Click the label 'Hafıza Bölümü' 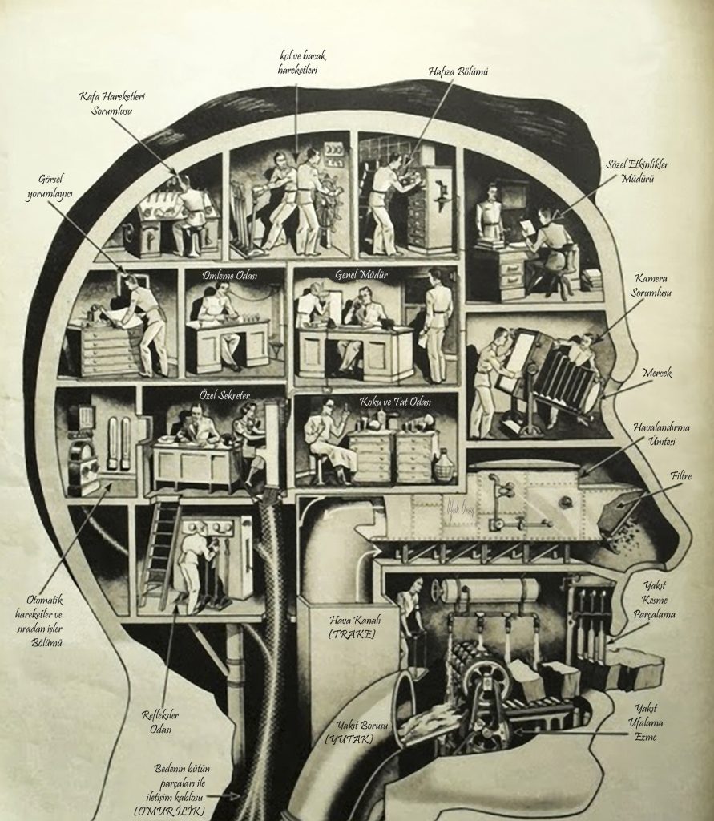(458, 71)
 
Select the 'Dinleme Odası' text (232, 275)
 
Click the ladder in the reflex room (159, 552)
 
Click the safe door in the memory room (438, 200)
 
